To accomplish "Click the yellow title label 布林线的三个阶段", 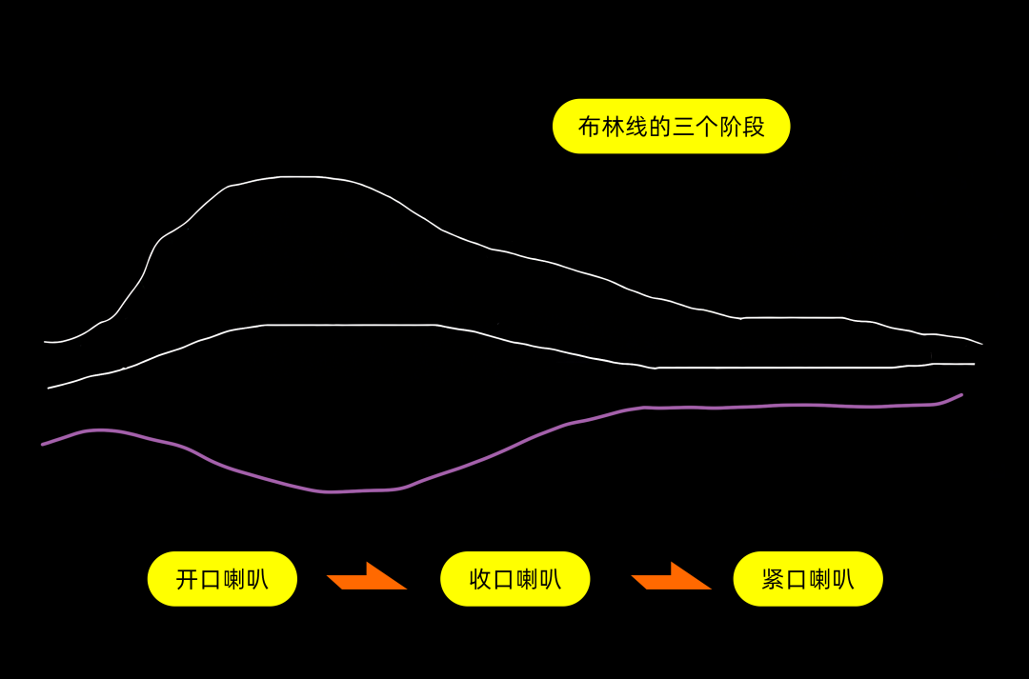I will (x=671, y=127).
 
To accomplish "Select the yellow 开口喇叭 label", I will (x=222, y=579).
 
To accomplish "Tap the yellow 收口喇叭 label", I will (x=514, y=579).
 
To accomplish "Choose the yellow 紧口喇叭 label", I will (x=808, y=579).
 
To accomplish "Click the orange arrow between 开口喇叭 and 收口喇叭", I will (x=368, y=577).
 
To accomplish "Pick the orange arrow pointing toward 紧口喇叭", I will (x=672, y=577).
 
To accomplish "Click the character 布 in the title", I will (x=590, y=127).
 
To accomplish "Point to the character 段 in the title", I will (x=754, y=127).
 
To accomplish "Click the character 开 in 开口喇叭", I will (x=188, y=579).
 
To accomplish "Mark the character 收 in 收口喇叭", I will (x=481, y=579).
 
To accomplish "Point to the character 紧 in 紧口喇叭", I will (x=774, y=579).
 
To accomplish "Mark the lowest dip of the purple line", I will (x=329, y=492).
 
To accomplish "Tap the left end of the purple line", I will (x=43, y=444).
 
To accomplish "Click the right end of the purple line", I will (x=961, y=394).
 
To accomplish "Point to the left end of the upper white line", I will (x=45, y=341).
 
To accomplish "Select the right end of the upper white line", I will (x=981, y=344).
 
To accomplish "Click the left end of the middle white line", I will (x=50, y=388).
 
